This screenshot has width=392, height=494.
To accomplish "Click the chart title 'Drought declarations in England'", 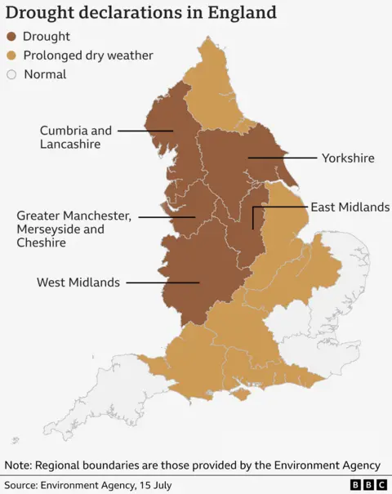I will pos(141,13).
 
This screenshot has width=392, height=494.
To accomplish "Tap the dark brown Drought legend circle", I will pos(11,37).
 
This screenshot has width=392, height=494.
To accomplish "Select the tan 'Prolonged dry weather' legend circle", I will pos(11,56).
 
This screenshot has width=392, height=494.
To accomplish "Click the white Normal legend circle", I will pos(11,74).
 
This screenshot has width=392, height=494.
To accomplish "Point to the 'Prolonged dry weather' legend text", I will pos(88,56).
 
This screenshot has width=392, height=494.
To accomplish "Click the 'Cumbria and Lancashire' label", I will pos(76,137).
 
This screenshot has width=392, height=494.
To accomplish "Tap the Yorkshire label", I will pos(348,158).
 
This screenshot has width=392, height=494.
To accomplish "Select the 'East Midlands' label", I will pos(350,207).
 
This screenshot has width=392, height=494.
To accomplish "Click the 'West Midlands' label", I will pos(78,283).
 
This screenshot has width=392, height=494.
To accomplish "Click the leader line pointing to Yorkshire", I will pos(282,157).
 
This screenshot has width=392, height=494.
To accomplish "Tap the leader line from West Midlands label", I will pos(163,283).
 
